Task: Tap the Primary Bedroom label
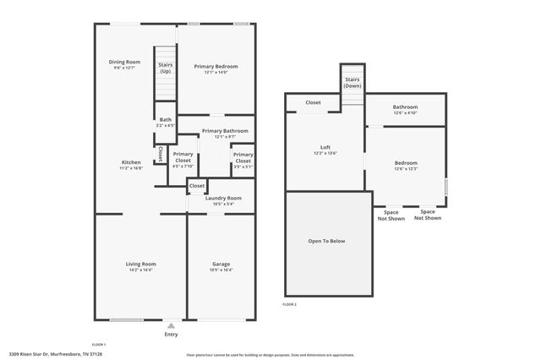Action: pos(216,67)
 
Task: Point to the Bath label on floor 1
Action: pos(166,120)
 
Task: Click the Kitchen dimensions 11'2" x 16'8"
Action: pos(131,168)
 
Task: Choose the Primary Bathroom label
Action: pos(225,131)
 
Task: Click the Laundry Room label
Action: pos(223,198)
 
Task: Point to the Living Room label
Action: pos(141,265)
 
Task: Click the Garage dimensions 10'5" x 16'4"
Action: pos(221,270)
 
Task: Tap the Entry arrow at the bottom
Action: pos(172,325)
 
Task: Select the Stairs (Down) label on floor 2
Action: pos(352,83)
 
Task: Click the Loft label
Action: pos(325,148)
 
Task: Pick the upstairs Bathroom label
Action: pos(405,107)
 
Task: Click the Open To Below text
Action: pos(326,241)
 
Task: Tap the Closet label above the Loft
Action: pos(314,102)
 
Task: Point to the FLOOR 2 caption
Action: pos(289,304)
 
